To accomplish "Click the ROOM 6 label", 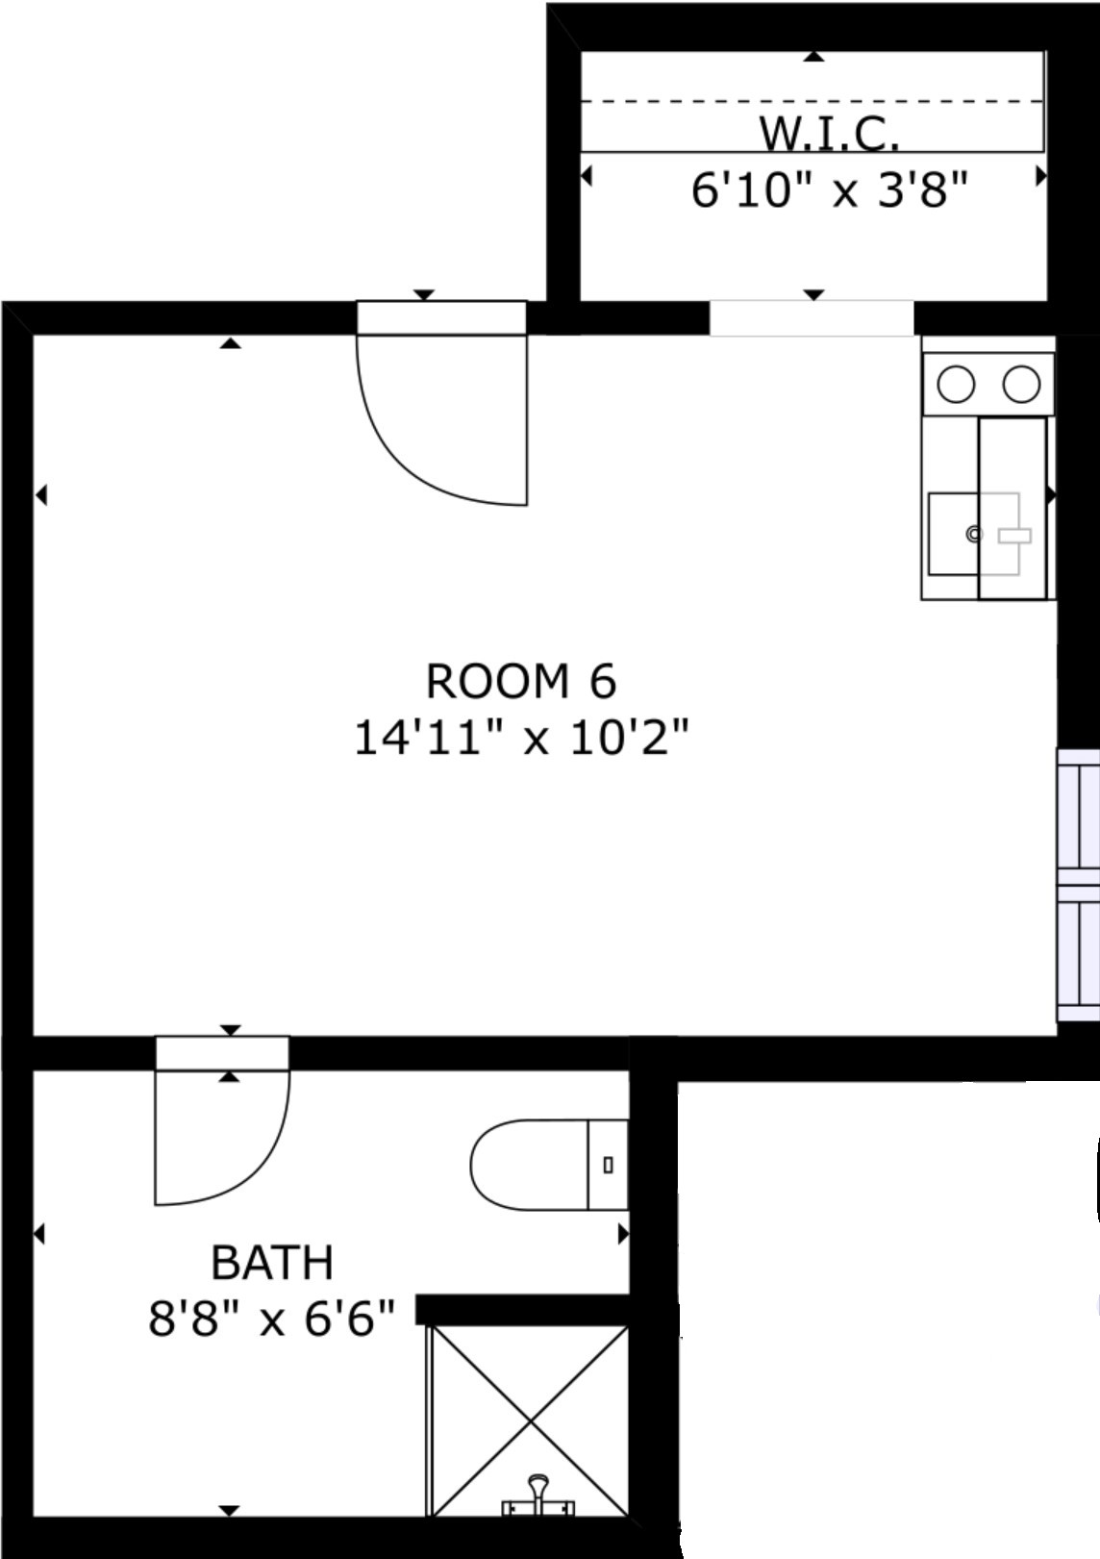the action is click(520, 681).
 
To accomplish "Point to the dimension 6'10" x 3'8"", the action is click(830, 189).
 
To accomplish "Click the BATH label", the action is click(272, 1263).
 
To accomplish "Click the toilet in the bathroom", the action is click(549, 1165).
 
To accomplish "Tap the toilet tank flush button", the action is click(608, 1165).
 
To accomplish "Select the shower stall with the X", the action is click(530, 1422).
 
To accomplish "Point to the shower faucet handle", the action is click(537, 1494).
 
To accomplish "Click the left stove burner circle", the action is click(956, 384).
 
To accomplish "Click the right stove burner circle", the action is click(1021, 384).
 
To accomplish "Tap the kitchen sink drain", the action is click(975, 534).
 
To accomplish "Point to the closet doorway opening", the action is click(812, 318).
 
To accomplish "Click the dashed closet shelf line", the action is click(812, 102).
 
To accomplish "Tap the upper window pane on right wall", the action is click(1079, 817).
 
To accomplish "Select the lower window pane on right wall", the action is click(1079, 953).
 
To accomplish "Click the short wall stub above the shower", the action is click(522, 1310).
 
